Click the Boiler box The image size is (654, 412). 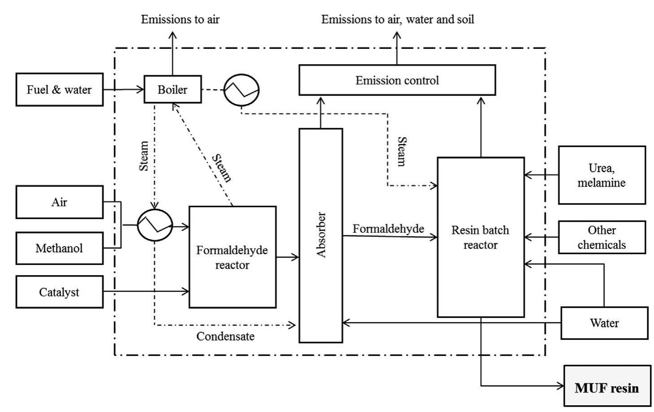[x=172, y=90]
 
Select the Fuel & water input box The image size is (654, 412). [x=59, y=90]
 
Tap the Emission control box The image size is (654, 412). [x=397, y=80]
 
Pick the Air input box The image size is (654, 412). [x=59, y=202]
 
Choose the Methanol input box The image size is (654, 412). [x=59, y=248]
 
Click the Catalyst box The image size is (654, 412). [x=59, y=292]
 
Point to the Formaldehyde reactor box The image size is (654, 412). [x=232, y=257]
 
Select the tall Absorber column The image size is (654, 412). [x=321, y=235]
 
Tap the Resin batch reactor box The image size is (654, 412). [x=480, y=237]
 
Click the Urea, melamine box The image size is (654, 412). [x=602, y=175]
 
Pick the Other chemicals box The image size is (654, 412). [x=602, y=237]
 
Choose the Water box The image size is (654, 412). [x=604, y=323]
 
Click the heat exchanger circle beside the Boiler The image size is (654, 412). [x=241, y=90]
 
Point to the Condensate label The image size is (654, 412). [x=225, y=336]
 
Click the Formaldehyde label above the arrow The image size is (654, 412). [x=388, y=229]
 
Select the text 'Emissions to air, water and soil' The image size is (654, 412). [x=397, y=19]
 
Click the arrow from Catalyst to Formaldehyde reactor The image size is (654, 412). [x=146, y=292]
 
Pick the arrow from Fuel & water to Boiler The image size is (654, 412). [x=123, y=90]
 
